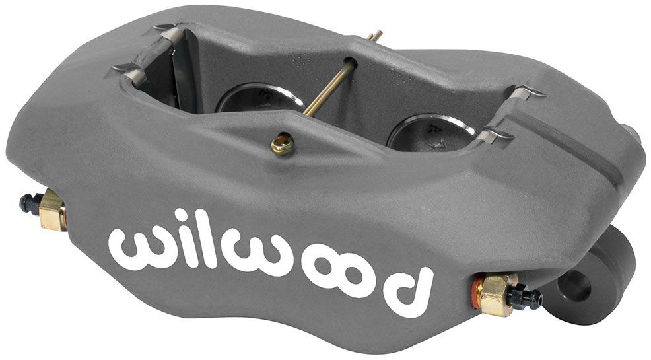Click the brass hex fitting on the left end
[x=53, y=210]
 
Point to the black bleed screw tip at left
[x=26, y=203]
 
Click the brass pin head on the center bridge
[x=282, y=144]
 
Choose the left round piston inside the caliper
[x=257, y=99]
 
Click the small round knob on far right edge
[x=634, y=144]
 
